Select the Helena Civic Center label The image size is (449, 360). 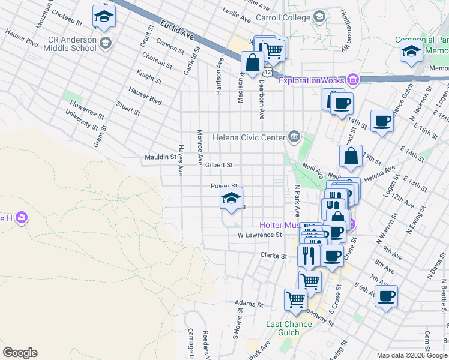tap(249, 137)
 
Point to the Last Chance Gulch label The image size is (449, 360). tap(289, 329)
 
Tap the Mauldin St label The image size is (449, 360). tap(160, 157)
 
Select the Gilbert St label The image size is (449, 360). tap(218, 164)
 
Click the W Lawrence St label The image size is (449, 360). tap(260, 235)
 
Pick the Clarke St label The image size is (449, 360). tap(274, 256)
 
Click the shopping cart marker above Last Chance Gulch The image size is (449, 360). tap(295, 299)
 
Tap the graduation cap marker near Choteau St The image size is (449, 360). tap(104, 17)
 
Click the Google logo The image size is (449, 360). tap(20, 353)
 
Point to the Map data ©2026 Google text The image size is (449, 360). tap(411, 355)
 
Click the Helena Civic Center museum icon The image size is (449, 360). tap(294, 137)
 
